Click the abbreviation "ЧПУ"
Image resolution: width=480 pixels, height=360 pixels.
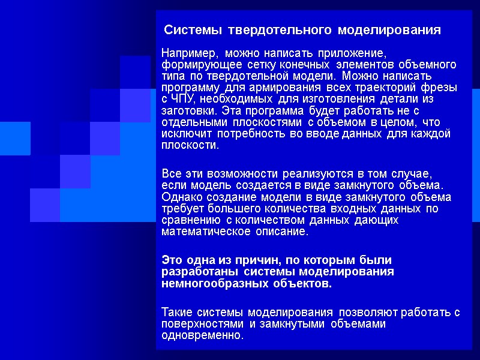pos(182,98)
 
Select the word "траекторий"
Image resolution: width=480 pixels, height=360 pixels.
pos(384,88)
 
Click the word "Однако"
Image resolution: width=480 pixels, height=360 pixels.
pos(181,197)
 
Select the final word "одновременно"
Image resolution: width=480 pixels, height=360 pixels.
pos(203,335)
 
